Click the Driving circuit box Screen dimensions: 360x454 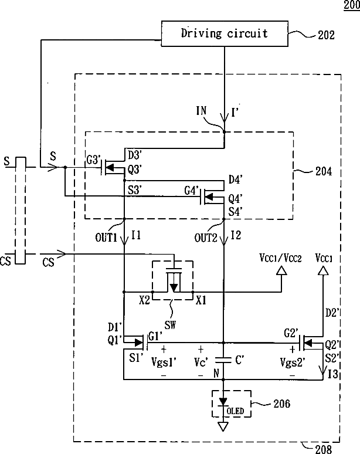[x=225, y=33]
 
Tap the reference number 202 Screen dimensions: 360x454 [x=326, y=35]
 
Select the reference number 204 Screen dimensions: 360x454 [x=324, y=171]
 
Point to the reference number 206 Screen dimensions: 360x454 [x=281, y=404]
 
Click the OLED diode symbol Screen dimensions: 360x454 [x=223, y=403]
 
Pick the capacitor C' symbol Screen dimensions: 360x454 [x=223, y=360]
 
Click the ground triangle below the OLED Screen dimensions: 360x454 [x=223, y=426]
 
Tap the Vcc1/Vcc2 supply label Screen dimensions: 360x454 [x=280, y=258]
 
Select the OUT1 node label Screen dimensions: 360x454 [x=106, y=238]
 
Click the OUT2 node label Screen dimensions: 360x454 [x=205, y=238]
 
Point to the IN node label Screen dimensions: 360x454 [x=201, y=110]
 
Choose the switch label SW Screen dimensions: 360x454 [x=170, y=325]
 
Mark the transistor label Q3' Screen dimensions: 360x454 [x=134, y=170]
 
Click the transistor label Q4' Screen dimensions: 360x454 [x=235, y=199]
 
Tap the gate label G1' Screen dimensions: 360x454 [x=155, y=337]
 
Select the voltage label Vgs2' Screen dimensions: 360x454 [x=293, y=362]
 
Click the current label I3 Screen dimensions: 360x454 [x=333, y=374]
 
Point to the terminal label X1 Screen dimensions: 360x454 [x=201, y=300]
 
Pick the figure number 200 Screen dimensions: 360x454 [x=352, y=5]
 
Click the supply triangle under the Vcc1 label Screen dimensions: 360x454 [x=323, y=270]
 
